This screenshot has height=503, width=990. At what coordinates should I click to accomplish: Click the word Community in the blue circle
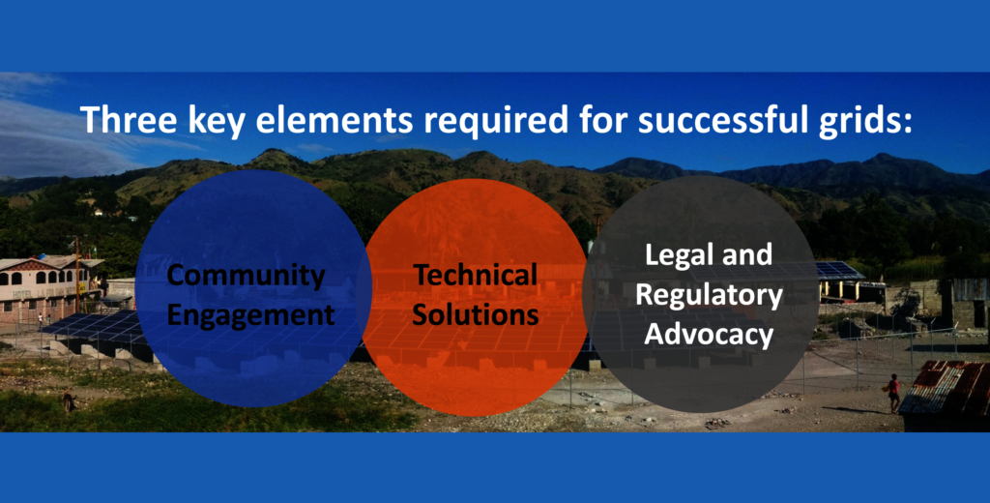pyautogui.click(x=247, y=276)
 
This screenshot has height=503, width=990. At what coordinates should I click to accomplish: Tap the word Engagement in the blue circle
pyautogui.click(x=251, y=314)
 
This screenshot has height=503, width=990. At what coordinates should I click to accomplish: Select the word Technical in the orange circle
pyautogui.click(x=475, y=275)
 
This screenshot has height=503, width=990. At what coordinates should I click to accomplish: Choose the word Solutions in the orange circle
pyautogui.click(x=476, y=313)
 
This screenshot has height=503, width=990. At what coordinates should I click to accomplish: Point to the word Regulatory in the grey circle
pyautogui.click(x=709, y=295)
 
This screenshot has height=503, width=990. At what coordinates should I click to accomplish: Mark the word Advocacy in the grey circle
pyautogui.click(x=709, y=335)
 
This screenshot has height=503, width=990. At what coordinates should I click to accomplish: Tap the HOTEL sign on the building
pyautogui.click(x=24, y=294)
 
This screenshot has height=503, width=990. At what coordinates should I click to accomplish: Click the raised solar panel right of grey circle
pyautogui.click(x=840, y=272)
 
